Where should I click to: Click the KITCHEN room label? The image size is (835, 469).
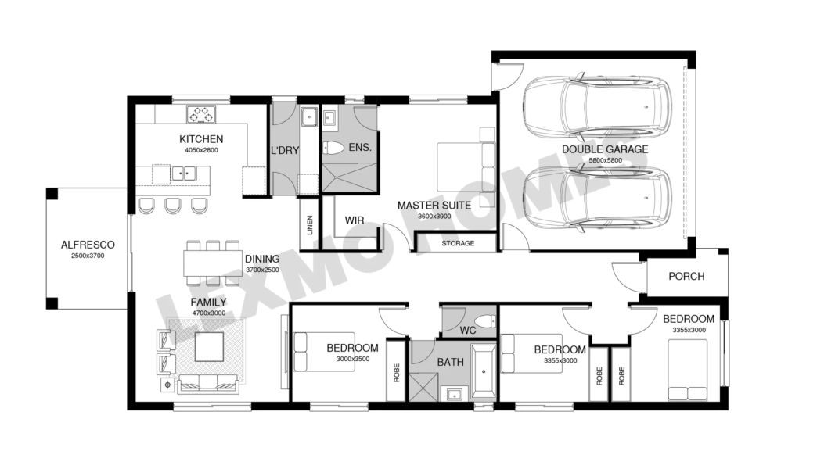201,139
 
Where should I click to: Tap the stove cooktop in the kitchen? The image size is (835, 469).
201,114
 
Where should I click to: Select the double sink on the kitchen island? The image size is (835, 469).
184,174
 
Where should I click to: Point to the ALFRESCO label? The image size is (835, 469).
88,245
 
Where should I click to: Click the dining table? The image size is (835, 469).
213,263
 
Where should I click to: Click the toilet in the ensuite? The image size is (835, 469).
333,148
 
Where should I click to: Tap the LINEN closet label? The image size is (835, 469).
310,225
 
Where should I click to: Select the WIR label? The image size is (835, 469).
355,220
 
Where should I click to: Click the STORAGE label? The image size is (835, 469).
458,243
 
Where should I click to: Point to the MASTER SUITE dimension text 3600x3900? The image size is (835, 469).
434,217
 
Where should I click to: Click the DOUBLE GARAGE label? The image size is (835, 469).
605,149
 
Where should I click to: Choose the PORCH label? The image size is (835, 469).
686,277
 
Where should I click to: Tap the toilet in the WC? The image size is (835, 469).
485,321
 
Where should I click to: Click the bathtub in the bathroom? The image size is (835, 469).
484,371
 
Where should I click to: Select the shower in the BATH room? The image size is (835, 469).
423,387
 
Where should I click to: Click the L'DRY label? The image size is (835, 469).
285,151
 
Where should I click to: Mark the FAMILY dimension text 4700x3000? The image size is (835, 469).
208,313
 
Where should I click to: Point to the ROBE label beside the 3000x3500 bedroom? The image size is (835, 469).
396,372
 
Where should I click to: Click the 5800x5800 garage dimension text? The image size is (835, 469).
605,160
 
